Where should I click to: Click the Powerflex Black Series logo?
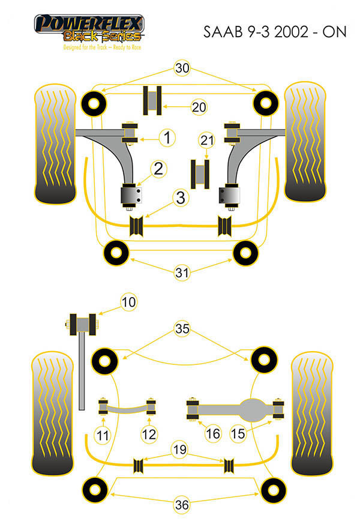89,32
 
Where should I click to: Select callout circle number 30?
182,68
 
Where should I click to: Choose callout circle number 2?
158,169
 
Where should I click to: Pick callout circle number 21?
207,141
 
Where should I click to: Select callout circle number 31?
182,273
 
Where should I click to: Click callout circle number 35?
182,328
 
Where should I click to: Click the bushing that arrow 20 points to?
152,100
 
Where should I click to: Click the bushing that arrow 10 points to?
84,325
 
